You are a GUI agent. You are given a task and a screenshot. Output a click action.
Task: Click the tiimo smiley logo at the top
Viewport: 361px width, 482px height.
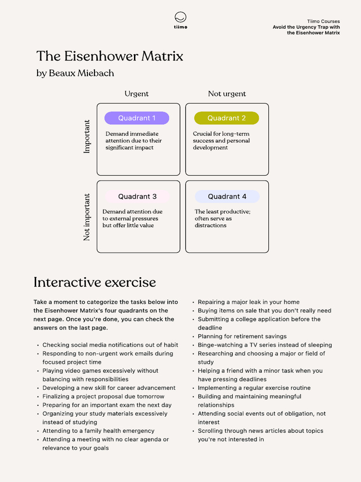pyautogui.click(x=180, y=18)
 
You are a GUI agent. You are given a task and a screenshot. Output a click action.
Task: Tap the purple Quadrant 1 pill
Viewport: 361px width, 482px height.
pyautogui.click(x=137, y=118)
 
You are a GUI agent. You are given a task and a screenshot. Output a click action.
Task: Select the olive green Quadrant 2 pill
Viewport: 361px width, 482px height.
pyautogui.click(x=227, y=118)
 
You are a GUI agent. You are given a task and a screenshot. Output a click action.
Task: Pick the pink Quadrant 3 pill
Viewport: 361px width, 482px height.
pyautogui.click(x=137, y=196)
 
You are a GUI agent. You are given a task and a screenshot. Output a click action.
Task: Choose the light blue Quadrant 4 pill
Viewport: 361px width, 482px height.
pyautogui.click(x=227, y=196)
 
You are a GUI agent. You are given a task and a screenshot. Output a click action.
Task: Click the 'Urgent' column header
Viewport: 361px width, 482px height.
pyautogui.click(x=136, y=94)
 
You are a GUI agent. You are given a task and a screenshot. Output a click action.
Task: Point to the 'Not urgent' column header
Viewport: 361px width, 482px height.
pyautogui.click(x=227, y=94)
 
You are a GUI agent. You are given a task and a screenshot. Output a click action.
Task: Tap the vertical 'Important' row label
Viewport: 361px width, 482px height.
pyautogui.click(x=87, y=137)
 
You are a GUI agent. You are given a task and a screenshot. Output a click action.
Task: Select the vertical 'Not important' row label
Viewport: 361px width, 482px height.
pyautogui.click(x=87, y=217)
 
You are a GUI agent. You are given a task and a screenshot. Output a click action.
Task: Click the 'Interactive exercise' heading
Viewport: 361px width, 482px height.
pyautogui.click(x=94, y=282)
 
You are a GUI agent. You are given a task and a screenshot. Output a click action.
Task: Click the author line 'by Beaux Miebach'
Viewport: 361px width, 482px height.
pyautogui.click(x=75, y=73)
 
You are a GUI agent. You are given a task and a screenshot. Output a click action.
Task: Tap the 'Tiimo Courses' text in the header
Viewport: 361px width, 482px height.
pyautogui.click(x=323, y=21)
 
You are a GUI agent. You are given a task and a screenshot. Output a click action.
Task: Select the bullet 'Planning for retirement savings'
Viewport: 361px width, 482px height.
pyautogui.click(x=242, y=337)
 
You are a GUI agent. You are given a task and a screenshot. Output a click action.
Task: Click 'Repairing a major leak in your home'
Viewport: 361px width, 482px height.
pyautogui.click(x=248, y=302)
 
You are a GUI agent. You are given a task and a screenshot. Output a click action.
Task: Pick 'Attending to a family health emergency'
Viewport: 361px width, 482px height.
pyautogui.click(x=98, y=431)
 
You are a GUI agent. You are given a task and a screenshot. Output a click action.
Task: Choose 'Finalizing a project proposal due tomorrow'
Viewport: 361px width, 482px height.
pyautogui.click(x=103, y=397)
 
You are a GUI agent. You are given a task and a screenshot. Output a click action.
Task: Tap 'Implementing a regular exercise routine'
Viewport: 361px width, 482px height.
pyautogui.click(x=254, y=388)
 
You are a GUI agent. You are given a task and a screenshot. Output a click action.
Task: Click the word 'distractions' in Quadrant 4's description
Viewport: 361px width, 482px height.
pyautogui.click(x=211, y=225)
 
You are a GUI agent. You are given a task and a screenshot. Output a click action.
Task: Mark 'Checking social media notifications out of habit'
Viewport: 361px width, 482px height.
pyautogui.click(x=110, y=345)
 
